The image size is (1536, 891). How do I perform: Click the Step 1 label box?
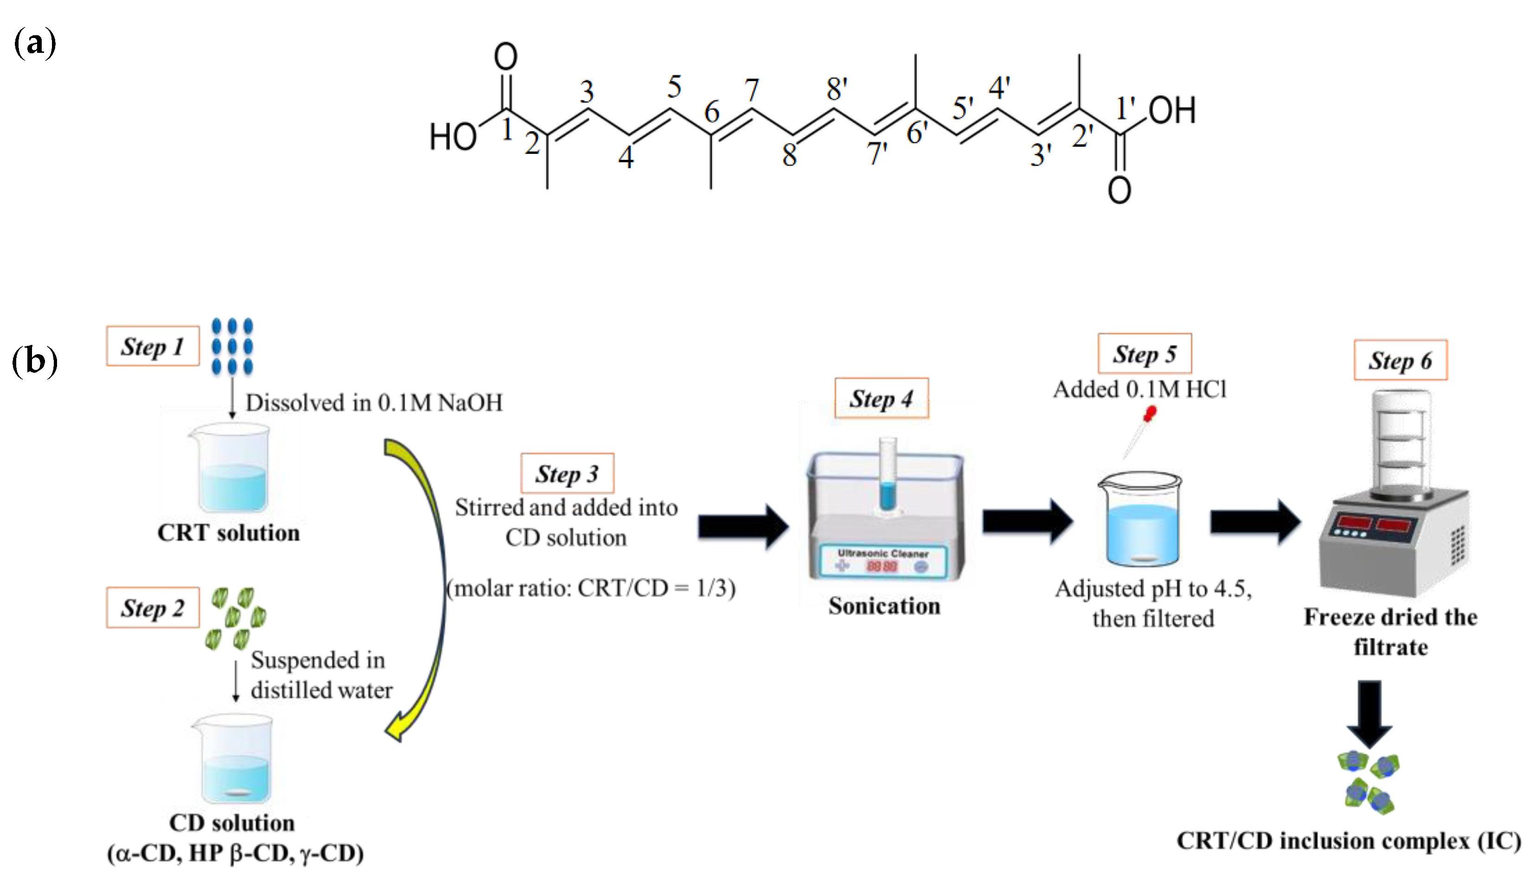pos(153,346)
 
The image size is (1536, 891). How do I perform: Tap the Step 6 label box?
pos(1400,360)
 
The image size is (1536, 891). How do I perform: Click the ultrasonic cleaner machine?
pos(885,518)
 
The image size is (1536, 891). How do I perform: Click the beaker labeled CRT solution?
pos(231,469)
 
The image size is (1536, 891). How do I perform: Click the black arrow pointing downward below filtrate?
pos(1370,713)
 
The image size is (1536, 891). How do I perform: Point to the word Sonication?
pos(884,606)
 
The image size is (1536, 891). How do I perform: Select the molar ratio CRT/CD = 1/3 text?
pos(591,588)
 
